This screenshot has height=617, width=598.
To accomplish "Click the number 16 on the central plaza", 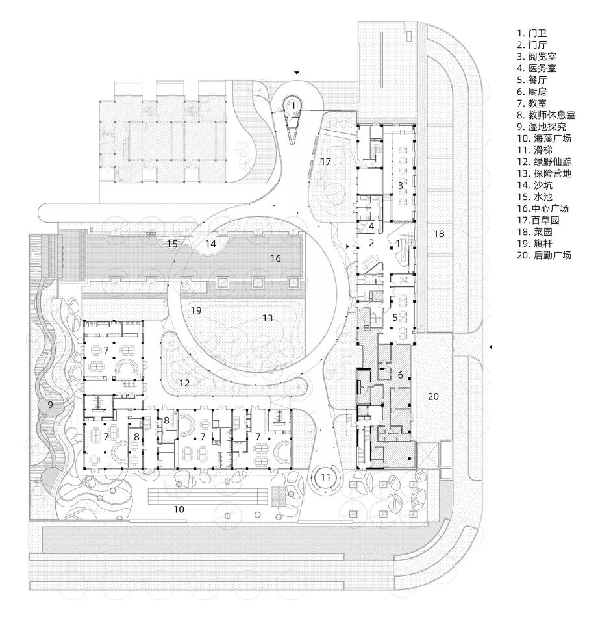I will point(275,258).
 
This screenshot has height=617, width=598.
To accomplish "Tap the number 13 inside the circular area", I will point(268,318).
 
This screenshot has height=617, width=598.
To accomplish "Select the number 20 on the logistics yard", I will point(434,396).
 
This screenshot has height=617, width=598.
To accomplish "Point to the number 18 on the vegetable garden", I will point(439,233).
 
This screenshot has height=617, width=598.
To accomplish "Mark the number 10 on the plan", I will point(179,509).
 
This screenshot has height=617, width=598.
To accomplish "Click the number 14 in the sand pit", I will point(210,244).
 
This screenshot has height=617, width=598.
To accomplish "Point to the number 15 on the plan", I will point(171,244).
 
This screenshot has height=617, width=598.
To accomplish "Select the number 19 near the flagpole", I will point(196,311).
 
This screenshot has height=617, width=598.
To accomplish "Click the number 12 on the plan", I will point(185,383).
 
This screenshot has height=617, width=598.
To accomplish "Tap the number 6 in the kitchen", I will point(401,375).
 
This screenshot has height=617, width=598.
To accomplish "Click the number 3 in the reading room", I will point(401,185).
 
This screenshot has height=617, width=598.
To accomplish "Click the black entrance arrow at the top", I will point(297,73).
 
